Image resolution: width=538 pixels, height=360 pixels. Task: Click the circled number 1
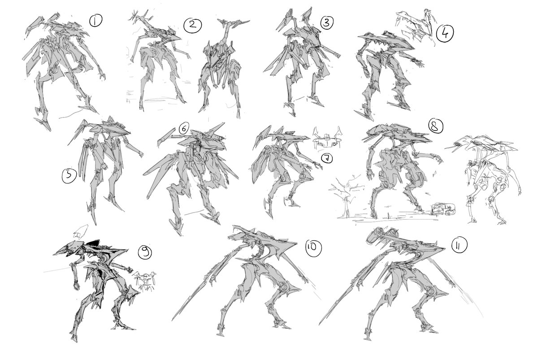pyautogui.click(x=96, y=21)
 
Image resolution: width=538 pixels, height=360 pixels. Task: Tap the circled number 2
pyautogui.click(x=193, y=25)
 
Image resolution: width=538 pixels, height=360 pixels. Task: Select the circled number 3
pyautogui.click(x=327, y=22)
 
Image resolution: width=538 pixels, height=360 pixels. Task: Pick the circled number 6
pyautogui.click(x=184, y=129)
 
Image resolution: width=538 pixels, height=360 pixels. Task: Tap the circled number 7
pyautogui.click(x=327, y=158)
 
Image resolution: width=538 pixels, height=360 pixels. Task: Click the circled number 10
pyautogui.click(x=313, y=248)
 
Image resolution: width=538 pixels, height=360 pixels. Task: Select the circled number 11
pyautogui.click(x=459, y=245)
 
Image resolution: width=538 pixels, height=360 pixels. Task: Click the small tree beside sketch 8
pyautogui.click(x=346, y=196)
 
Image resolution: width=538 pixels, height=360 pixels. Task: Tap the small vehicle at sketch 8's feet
pyautogui.click(x=444, y=209)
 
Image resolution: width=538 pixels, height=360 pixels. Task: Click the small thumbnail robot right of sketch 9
pyautogui.click(x=144, y=281)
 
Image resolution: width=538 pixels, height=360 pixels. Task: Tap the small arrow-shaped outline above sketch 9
pyautogui.click(x=80, y=232)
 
